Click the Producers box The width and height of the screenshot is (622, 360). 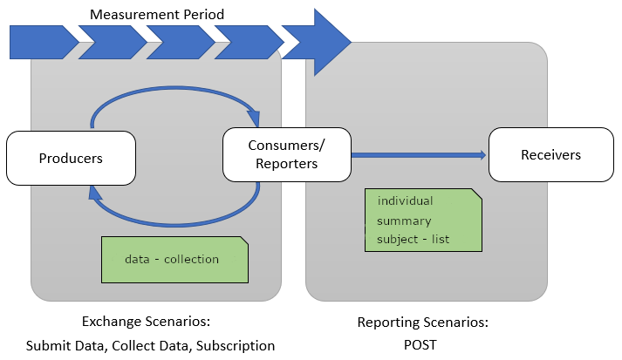point(71,158)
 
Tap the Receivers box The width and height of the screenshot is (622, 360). point(550,155)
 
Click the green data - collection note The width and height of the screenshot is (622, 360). point(174,259)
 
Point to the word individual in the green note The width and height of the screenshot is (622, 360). point(405,201)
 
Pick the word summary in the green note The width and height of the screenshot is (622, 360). point(404,221)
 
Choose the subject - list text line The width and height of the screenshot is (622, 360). point(413,239)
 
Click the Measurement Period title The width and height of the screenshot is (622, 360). point(157,14)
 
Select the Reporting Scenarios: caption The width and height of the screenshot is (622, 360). point(422,323)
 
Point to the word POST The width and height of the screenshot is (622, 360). point(420,343)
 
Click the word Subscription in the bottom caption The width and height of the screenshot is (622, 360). point(236,345)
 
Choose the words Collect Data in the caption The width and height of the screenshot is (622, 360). point(148,345)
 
